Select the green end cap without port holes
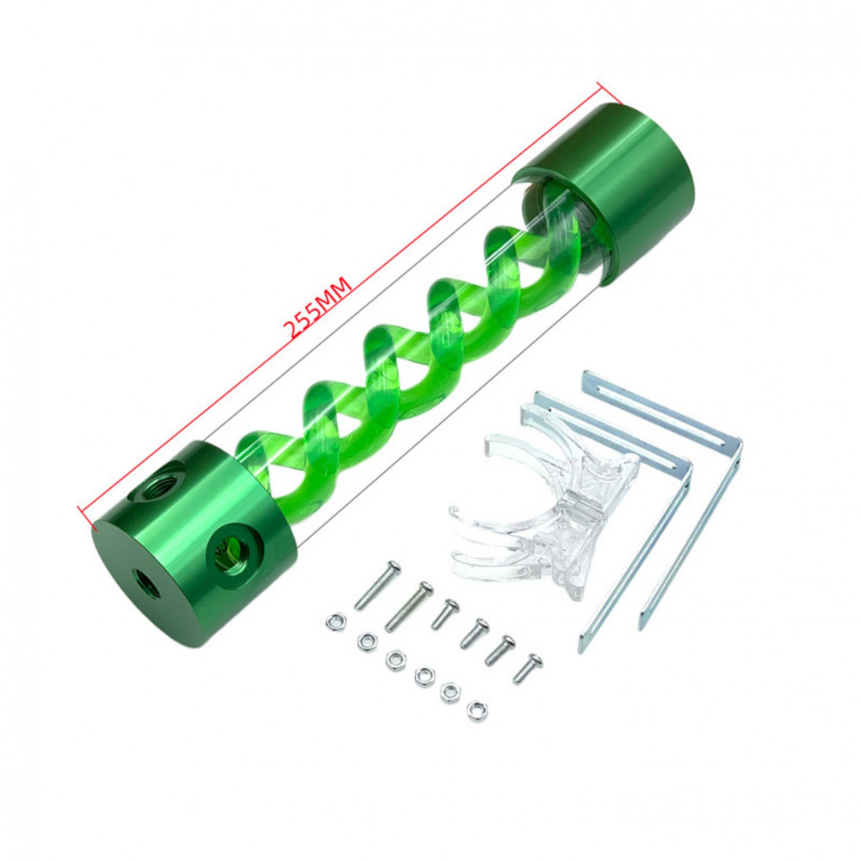coord(608,193)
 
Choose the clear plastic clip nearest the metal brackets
coord(566,455)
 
